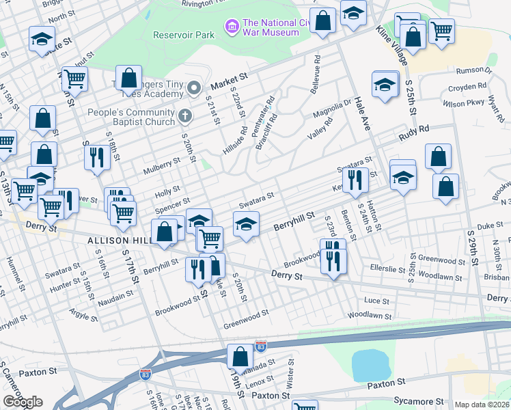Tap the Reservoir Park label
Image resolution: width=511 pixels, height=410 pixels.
tap(178, 35)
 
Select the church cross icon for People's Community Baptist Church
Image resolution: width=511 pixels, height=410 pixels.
tap(184, 115)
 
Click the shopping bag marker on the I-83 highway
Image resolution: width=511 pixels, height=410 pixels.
tap(240, 357)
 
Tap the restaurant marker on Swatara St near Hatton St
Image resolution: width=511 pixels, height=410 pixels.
tap(355, 180)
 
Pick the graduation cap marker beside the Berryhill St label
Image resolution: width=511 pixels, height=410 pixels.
tap(247, 224)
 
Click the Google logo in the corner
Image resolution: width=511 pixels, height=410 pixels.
tap(23, 402)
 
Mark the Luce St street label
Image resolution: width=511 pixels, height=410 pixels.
tap(376, 301)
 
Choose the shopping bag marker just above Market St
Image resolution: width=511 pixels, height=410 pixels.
tap(128, 79)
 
